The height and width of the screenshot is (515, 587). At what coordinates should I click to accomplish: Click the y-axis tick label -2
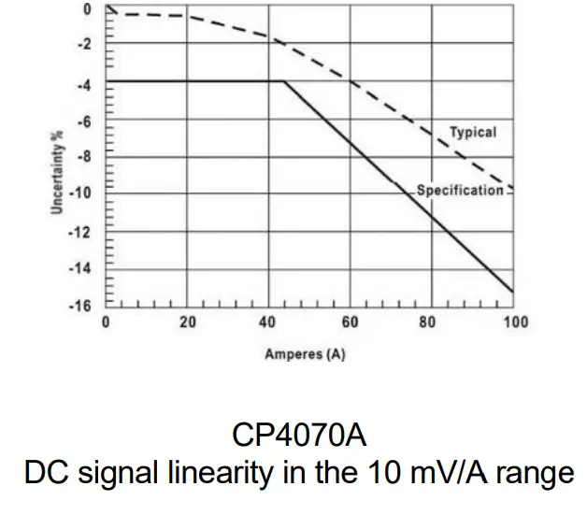[x=86, y=45]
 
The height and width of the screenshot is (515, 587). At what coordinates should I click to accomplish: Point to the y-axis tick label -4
[x=86, y=83]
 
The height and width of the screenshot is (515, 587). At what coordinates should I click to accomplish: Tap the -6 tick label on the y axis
[x=86, y=122]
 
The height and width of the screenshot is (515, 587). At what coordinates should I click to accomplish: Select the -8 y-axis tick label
[x=86, y=157]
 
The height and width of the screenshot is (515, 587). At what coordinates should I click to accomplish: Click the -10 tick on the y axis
[x=83, y=194]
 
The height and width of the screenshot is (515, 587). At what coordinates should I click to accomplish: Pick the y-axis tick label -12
[x=83, y=233]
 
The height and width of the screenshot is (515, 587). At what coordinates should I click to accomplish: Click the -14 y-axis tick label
[x=83, y=269]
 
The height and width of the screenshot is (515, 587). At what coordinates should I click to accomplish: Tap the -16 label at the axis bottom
[x=83, y=306]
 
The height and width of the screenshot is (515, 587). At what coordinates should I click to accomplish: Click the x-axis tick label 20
[x=187, y=322]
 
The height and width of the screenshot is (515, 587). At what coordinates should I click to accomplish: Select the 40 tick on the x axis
[x=269, y=322]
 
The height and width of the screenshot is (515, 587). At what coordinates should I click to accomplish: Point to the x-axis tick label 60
[x=351, y=322]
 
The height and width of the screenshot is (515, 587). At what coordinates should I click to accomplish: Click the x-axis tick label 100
[x=514, y=322]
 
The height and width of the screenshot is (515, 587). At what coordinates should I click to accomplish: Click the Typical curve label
[x=473, y=133]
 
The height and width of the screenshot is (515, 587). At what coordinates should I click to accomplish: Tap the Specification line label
[x=460, y=191]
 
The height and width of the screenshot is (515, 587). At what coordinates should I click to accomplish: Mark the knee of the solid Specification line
[x=283, y=81]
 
